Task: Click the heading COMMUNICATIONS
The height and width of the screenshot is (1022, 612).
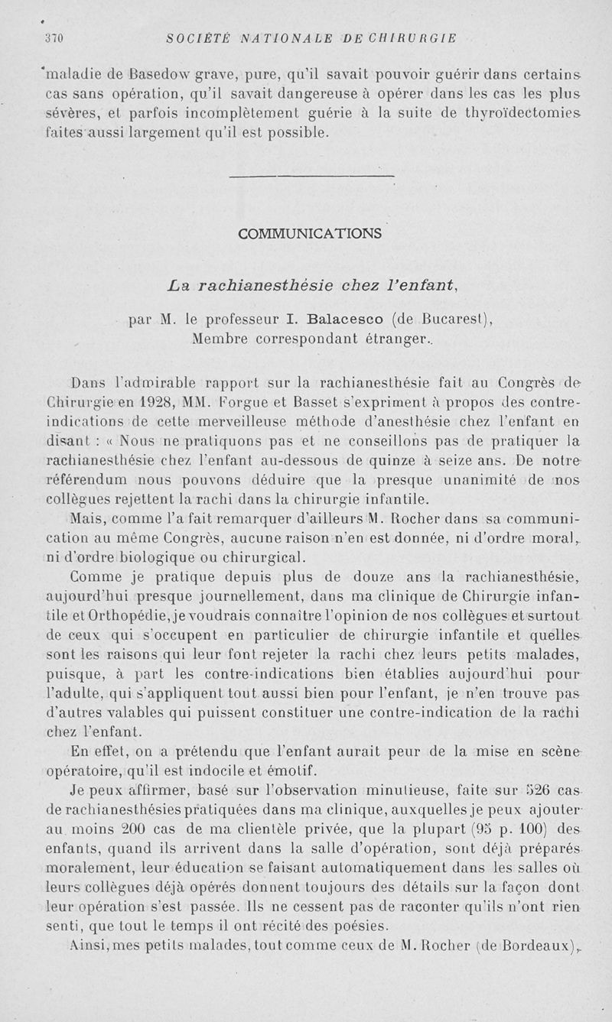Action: [x=309, y=232]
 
